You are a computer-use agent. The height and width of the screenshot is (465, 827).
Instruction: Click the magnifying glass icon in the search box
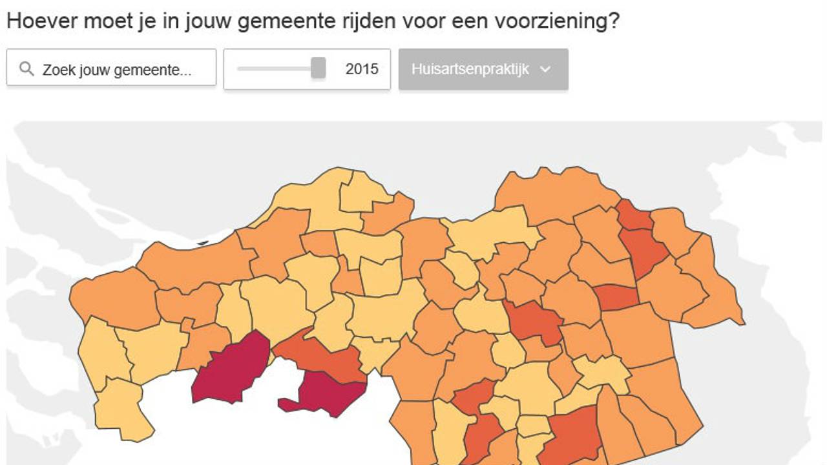(26, 68)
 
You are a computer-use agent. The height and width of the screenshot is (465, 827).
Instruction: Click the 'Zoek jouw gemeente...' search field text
(117, 70)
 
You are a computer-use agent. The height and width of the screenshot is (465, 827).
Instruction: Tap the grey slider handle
(318, 68)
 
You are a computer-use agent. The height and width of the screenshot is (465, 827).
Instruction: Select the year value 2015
(362, 69)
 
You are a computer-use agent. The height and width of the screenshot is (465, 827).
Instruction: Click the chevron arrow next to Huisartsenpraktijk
(545, 70)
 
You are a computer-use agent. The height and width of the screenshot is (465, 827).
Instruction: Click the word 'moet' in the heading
(103, 21)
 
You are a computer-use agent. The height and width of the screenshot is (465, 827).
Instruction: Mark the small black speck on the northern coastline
(203, 243)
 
